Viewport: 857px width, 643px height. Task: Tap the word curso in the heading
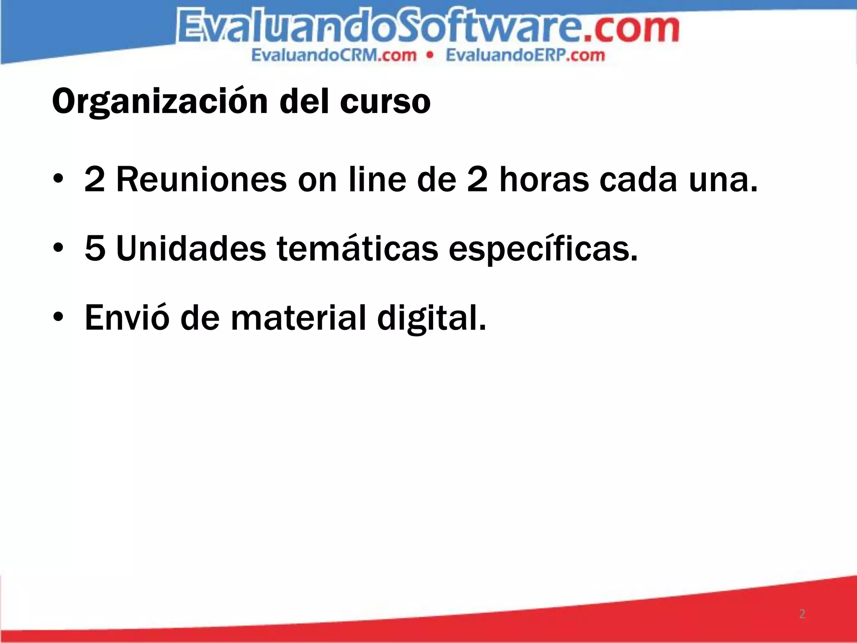click(x=385, y=102)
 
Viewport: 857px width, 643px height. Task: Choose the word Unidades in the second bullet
click(x=191, y=249)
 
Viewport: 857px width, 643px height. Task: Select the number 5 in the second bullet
click(x=95, y=249)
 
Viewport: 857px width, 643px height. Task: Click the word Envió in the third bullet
click(x=127, y=317)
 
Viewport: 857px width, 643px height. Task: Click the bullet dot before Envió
click(x=58, y=317)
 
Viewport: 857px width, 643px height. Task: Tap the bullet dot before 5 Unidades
click(x=58, y=249)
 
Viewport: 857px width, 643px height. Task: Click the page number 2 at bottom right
click(x=802, y=614)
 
